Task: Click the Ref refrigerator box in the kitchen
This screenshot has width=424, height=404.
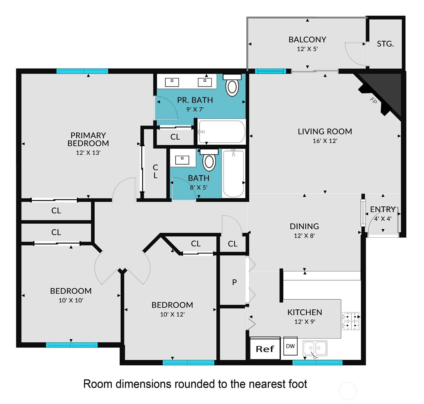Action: [x=265, y=348]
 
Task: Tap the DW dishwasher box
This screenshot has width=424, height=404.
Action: [x=290, y=346]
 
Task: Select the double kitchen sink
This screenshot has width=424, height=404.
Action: [x=315, y=348]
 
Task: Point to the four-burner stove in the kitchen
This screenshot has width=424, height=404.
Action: [x=351, y=321]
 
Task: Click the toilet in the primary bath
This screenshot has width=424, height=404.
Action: [x=232, y=85]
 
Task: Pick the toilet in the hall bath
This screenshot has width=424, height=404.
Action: [x=209, y=160]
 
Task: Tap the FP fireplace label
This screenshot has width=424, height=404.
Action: [x=373, y=100]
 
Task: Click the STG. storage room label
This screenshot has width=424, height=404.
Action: [x=385, y=44]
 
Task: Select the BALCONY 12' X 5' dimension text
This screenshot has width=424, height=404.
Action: [x=307, y=49]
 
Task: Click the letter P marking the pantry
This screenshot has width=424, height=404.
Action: [x=234, y=282]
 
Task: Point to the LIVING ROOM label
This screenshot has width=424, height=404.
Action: [x=325, y=131]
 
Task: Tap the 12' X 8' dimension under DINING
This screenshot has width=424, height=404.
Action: [x=304, y=235]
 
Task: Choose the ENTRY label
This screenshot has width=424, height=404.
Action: [x=383, y=209]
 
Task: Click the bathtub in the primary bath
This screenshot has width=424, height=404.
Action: [x=222, y=132]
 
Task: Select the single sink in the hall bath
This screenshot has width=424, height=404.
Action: [x=182, y=160]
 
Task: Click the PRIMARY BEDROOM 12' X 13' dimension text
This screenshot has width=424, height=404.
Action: [x=88, y=153]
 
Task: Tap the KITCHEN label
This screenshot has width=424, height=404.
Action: [x=305, y=312]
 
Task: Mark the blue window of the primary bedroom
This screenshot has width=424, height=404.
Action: [x=82, y=71]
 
